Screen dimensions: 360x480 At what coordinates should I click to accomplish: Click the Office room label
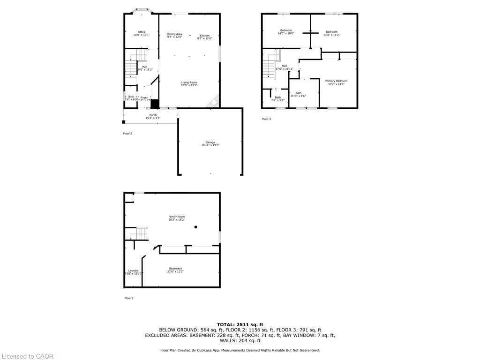coord(142,32)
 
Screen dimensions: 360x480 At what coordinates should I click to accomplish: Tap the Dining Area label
coord(174,34)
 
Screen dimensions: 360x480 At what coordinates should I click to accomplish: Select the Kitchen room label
coord(205,36)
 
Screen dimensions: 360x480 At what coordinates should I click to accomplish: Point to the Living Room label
coord(189,82)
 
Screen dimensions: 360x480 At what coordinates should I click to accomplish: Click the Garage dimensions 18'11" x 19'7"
coord(210,145)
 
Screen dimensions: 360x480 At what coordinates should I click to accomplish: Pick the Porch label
coord(153,115)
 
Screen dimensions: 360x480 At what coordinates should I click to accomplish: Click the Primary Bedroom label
coord(336,81)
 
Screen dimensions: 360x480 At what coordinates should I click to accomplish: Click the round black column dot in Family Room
coord(196,227)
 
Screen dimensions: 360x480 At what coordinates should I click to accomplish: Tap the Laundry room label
coord(133,270)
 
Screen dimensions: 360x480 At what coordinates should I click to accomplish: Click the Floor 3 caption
coord(266,119)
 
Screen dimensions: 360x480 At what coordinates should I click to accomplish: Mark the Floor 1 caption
coord(128,298)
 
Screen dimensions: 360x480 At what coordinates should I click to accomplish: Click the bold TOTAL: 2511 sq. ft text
coord(240,324)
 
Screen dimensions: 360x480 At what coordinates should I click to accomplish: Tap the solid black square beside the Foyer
coord(155,104)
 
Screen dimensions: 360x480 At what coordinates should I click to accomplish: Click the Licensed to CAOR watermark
coord(27,356)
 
